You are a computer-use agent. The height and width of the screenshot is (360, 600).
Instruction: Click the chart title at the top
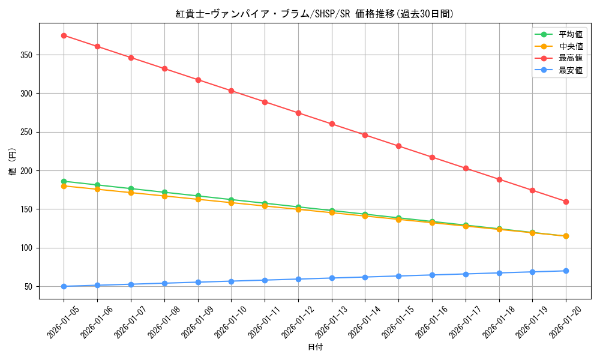pos(314,14)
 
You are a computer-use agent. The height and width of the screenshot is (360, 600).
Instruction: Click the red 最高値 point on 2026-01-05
pos(64,35)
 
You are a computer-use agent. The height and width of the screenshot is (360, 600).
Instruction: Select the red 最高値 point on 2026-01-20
pos(566,202)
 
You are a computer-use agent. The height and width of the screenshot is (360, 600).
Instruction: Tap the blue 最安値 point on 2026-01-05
pos(64,286)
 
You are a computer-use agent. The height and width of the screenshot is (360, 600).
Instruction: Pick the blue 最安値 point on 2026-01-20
pos(566,271)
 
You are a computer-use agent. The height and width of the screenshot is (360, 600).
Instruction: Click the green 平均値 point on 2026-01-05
pos(64,181)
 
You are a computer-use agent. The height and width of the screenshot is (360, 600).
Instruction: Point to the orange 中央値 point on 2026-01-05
pos(64,186)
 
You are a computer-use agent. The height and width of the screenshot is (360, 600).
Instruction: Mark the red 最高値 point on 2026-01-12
pos(298,113)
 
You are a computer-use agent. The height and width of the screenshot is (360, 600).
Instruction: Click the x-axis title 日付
pos(315,347)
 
